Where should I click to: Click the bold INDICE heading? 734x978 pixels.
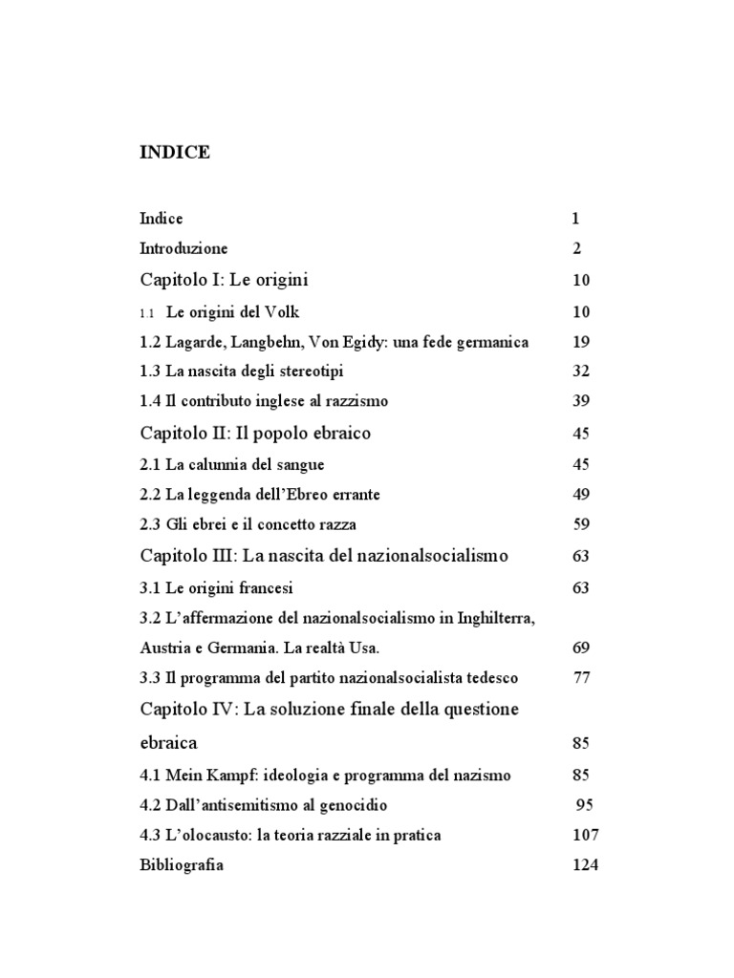(175, 153)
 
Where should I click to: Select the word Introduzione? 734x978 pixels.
(183, 249)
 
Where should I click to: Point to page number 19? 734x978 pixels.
(581, 343)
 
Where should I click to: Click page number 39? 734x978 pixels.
(581, 402)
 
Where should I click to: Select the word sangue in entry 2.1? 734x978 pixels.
(296, 465)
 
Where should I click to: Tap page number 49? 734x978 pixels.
(581, 495)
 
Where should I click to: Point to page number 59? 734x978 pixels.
(581, 524)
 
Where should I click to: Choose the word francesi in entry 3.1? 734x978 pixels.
(267, 588)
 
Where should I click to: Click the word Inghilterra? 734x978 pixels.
(486, 619)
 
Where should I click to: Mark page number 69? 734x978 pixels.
(581, 648)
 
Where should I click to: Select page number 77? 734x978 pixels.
(581, 679)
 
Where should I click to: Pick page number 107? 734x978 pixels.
(585, 836)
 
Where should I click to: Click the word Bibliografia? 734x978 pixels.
(182, 866)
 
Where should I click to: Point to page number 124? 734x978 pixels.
(585, 866)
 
